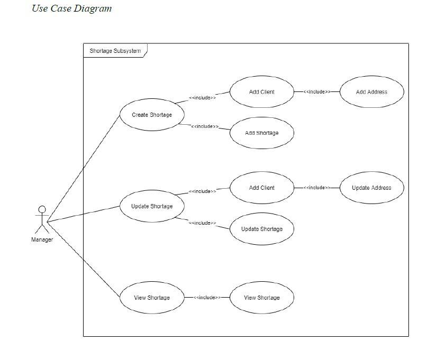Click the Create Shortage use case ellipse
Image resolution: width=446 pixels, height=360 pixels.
(x=152, y=115)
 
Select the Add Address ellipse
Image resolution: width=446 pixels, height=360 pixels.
(x=371, y=92)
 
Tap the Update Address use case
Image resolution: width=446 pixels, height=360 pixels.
(x=371, y=188)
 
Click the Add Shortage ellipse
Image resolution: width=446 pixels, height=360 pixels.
(x=261, y=133)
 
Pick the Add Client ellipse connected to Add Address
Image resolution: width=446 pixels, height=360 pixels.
(x=261, y=92)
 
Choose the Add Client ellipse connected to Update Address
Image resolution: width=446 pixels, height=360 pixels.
(x=261, y=188)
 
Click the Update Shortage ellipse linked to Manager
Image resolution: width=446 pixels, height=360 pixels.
(x=152, y=206)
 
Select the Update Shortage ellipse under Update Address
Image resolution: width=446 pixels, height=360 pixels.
(x=261, y=229)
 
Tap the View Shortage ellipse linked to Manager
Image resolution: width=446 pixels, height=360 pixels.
(x=152, y=298)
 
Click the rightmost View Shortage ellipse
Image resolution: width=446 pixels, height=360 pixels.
(x=261, y=298)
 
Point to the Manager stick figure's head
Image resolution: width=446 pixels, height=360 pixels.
(x=42, y=209)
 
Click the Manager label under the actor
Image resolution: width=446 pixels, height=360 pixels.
(x=42, y=240)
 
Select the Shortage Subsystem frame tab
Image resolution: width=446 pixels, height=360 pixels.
(x=115, y=51)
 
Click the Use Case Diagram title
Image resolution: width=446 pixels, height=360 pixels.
(x=71, y=8)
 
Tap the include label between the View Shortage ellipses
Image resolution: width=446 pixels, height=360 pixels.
(x=207, y=298)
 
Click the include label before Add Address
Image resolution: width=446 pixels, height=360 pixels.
(x=316, y=92)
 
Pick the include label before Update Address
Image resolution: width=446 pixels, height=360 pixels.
(x=316, y=188)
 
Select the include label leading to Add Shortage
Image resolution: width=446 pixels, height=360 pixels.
(x=204, y=126)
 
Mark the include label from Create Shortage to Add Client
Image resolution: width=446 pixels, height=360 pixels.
(x=202, y=98)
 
